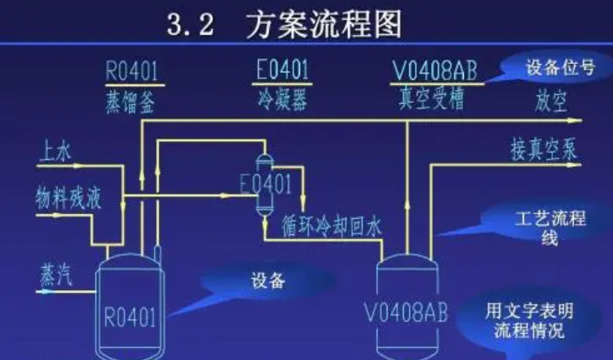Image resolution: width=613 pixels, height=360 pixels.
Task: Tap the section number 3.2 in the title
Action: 191,26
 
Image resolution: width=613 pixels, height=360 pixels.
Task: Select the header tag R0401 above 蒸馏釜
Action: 135,71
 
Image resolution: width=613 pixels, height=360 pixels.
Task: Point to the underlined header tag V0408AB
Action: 435,71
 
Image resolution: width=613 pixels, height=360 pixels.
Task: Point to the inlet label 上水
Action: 55,151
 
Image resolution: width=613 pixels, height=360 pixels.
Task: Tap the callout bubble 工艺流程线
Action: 538,227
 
